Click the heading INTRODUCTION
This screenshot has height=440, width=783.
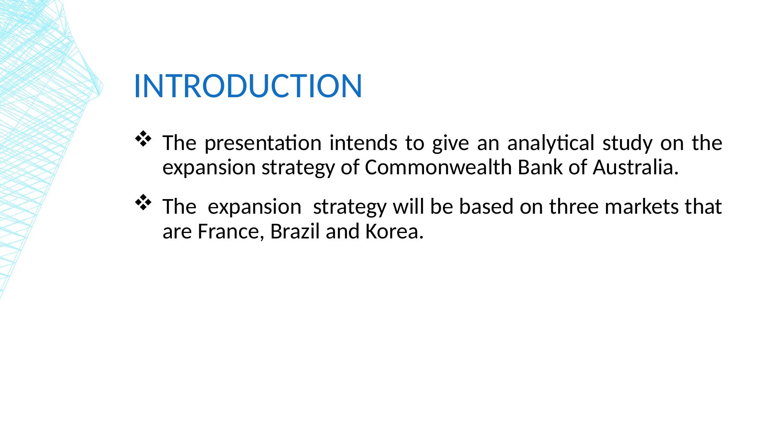pyautogui.click(x=247, y=86)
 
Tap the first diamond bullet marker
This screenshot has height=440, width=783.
pyautogui.click(x=143, y=139)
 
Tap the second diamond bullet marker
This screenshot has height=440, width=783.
pyautogui.click(x=143, y=202)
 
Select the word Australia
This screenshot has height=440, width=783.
pyautogui.click(x=636, y=168)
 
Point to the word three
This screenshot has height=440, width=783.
pyautogui.click(x=574, y=207)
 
